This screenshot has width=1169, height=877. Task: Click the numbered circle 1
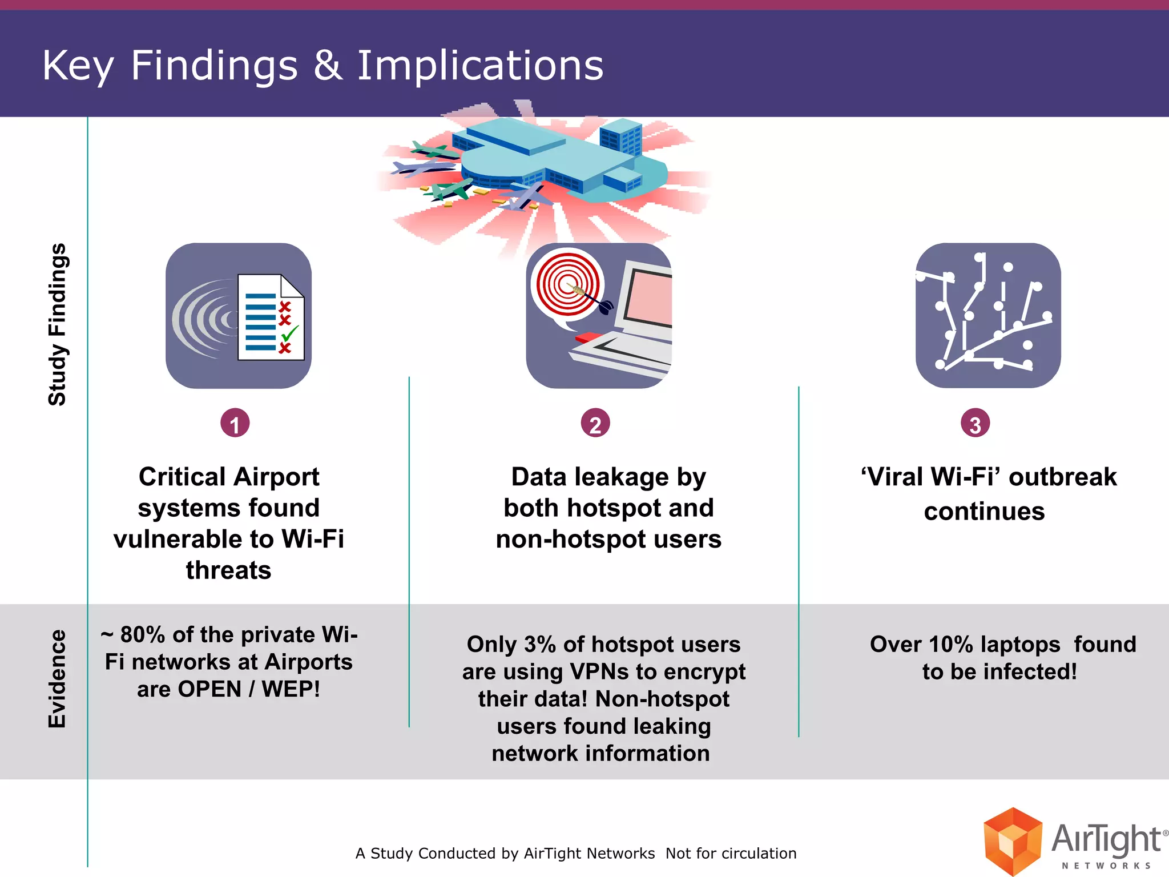point(235,424)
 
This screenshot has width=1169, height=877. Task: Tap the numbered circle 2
point(595,424)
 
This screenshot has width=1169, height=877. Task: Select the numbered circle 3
point(975,424)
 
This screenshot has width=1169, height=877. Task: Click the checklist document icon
point(271,317)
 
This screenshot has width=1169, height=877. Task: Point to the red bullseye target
point(567,284)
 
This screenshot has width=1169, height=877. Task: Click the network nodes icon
point(988,316)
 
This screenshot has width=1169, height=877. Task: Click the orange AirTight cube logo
point(1013,840)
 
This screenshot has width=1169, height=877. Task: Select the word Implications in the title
point(480,65)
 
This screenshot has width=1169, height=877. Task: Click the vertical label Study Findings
point(57,324)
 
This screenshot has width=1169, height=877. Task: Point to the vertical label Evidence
point(57,679)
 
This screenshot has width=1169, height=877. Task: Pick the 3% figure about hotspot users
point(540,645)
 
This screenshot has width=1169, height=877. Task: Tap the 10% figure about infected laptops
point(951,645)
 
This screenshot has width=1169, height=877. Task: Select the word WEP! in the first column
point(291,689)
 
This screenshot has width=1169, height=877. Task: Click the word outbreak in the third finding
point(1062,477)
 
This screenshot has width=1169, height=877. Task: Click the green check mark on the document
point(290,333)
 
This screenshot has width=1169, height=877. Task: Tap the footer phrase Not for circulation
point(731,854)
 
